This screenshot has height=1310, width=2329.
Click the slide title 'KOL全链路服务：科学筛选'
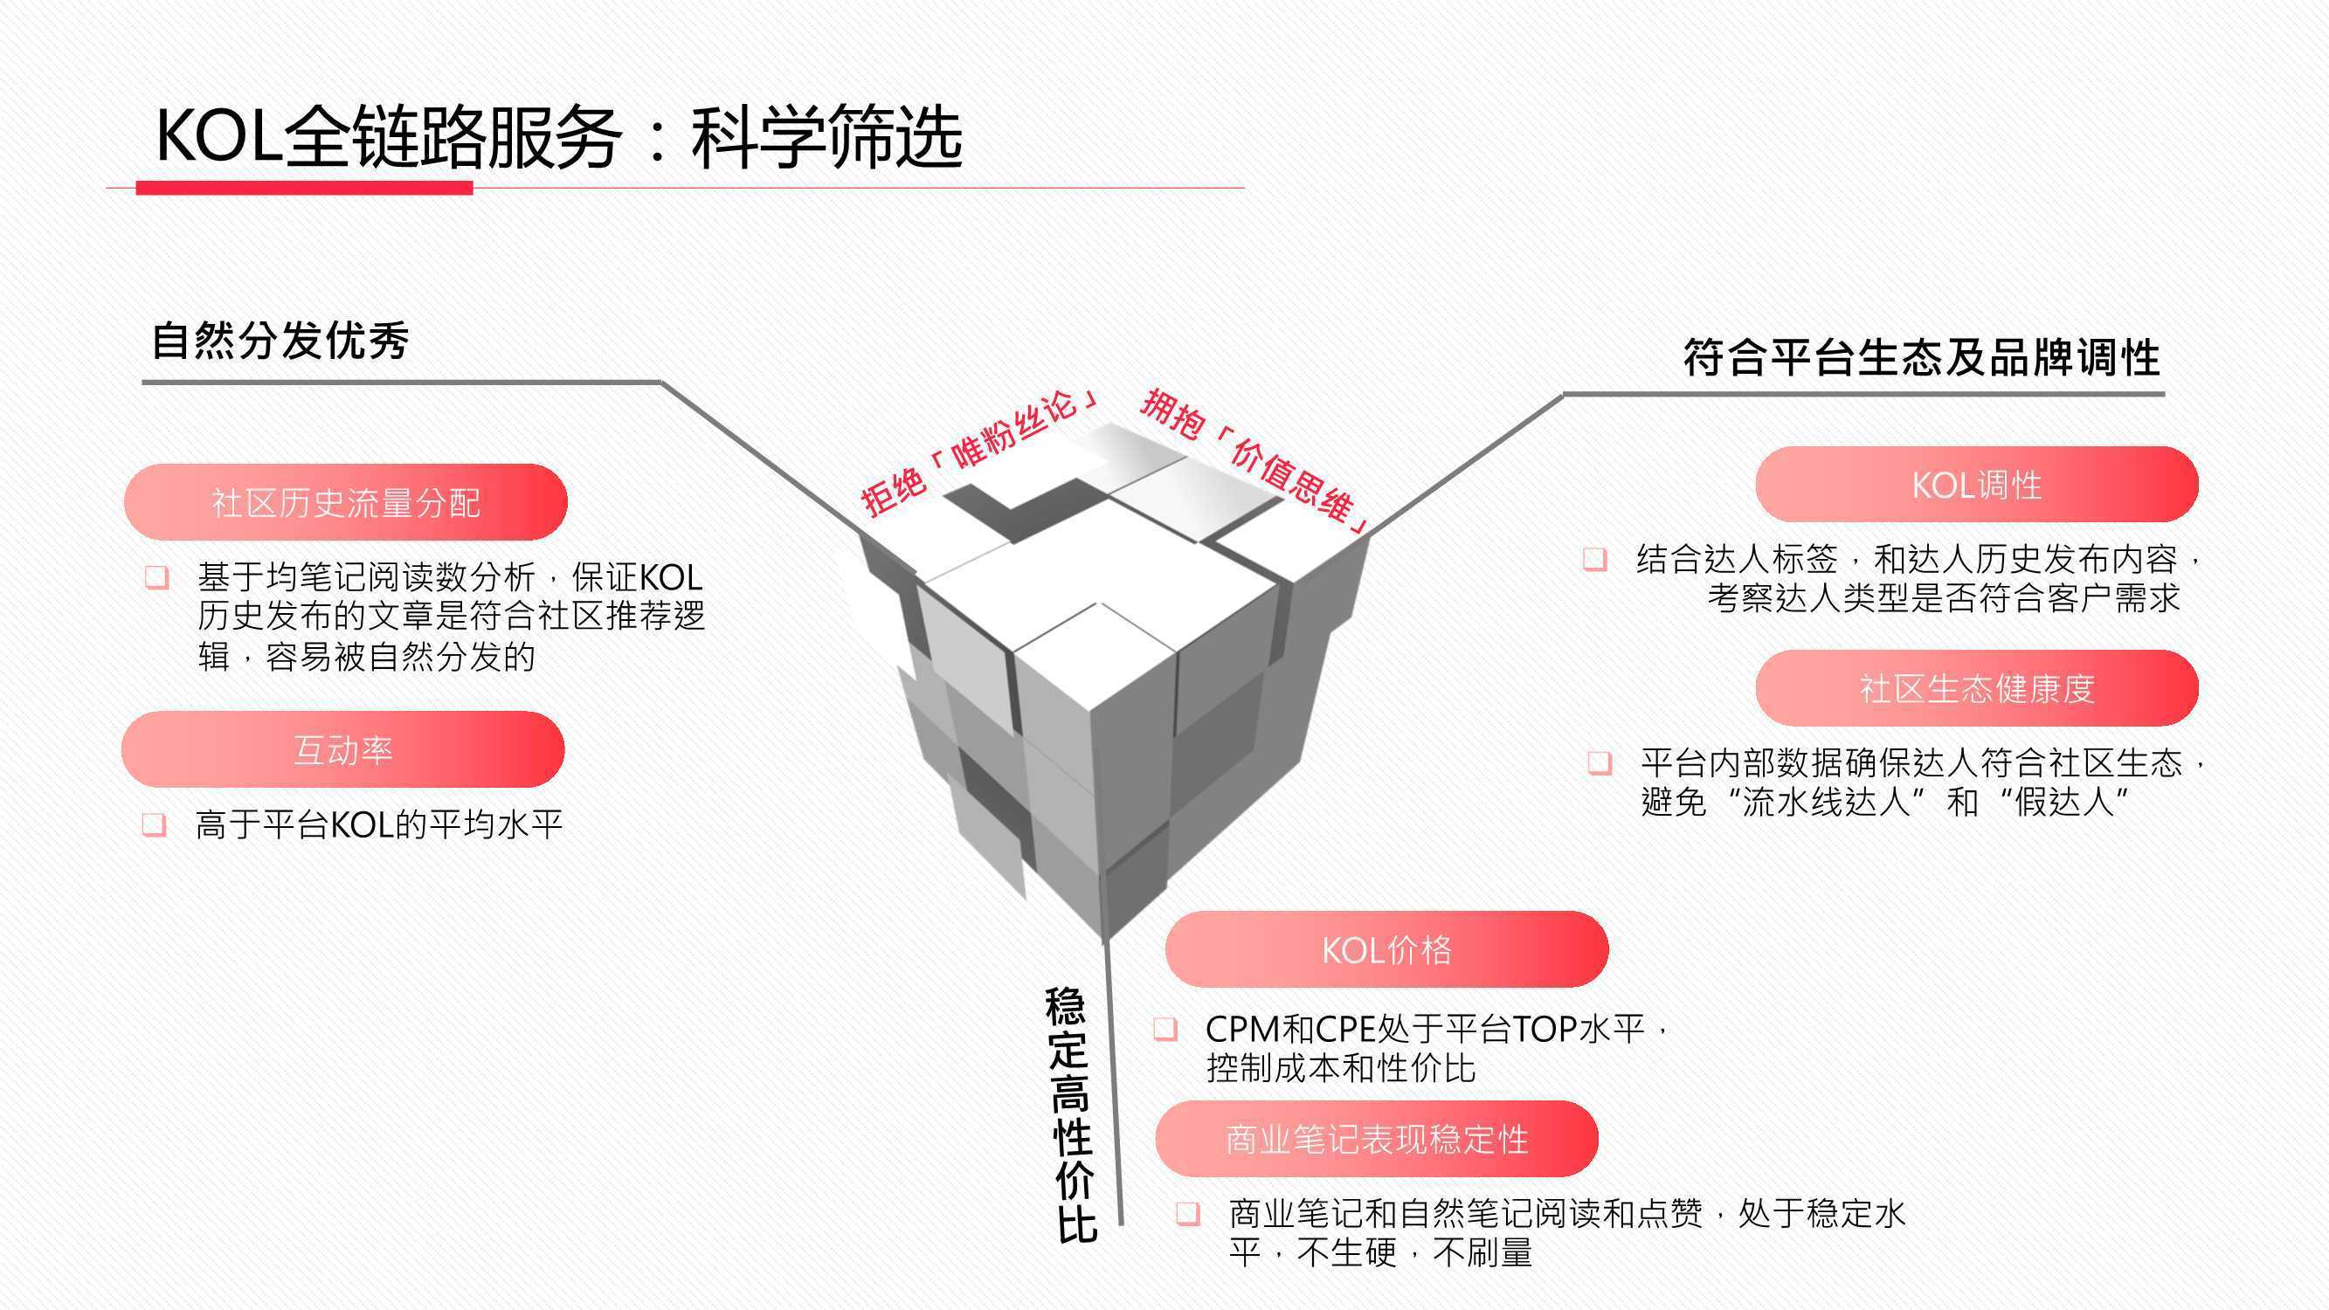(559, 136)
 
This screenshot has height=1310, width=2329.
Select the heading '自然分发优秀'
(280, 341)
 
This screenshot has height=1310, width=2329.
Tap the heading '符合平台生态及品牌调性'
(1921, 357)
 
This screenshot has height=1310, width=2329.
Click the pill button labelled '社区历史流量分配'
(345, 502)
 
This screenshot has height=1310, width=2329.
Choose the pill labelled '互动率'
(342, 749)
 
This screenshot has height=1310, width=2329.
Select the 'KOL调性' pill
(1976, 485)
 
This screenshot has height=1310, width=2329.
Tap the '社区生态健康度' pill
(1976, 688)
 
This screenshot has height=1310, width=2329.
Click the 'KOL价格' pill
(1387, 949)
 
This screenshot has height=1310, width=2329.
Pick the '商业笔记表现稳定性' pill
(1377, 1139)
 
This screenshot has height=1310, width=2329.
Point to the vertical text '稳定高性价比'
(1070, 1114)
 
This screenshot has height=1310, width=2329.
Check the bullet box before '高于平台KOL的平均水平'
(155, 824)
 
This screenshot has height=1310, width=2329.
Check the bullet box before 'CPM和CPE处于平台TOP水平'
(1165, 1029)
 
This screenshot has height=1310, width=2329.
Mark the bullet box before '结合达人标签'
(1595, 559)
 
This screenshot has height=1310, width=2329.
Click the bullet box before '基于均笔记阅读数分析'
(157, 576)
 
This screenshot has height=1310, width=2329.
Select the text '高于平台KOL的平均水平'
(379, 824)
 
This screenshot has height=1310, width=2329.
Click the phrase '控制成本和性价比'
(1341, 1069)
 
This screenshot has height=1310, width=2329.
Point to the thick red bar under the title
(304, 187)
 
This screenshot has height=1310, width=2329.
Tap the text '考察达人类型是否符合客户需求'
(1944, 597)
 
